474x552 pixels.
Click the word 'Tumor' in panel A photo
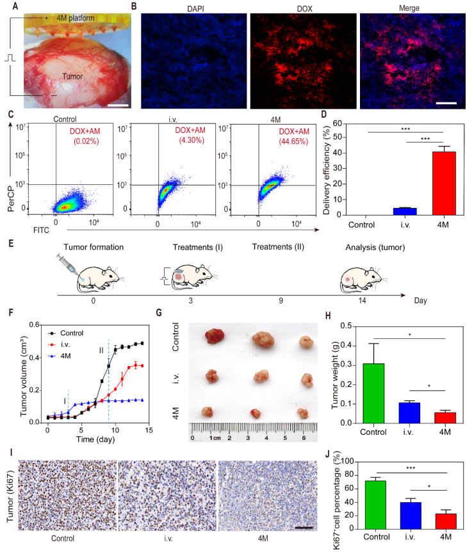[x=79, y=75]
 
